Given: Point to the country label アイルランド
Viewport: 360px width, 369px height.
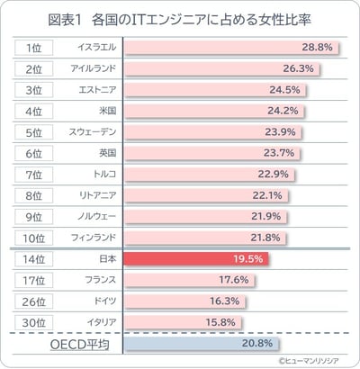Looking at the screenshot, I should pos(90,68).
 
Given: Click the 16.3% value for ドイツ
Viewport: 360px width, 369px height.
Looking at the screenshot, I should pos(221,301).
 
